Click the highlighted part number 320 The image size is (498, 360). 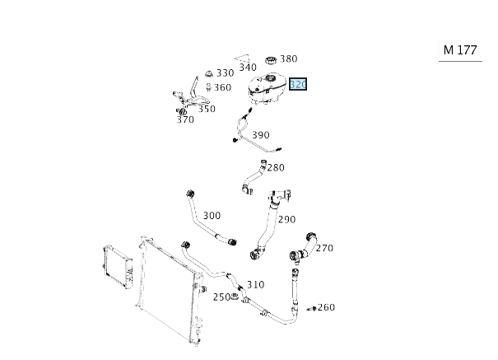[x=299, y=85]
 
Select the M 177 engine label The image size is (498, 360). [x=460, y=49]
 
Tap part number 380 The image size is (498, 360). [x=288, y=58]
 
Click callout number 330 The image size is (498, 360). [x=225, y=72]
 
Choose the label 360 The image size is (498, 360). [x=222, y=86]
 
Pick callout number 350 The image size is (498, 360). [x=207, y=109]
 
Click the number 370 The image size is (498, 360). [x=185, y=119]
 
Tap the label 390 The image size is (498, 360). [x=260, y=135]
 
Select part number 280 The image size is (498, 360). [x=275, y=167]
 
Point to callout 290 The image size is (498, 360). [x=286, y=219]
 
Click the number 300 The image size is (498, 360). [x=212, y=216]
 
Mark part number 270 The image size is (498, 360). [x=324, y=247]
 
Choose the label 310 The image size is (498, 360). [x=255, y=284]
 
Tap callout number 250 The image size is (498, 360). [x=221, y=297]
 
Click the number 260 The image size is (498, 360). [x=326, y=307]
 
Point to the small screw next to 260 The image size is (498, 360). [x=311, y=308]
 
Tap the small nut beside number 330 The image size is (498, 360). [x=209, y=74]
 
